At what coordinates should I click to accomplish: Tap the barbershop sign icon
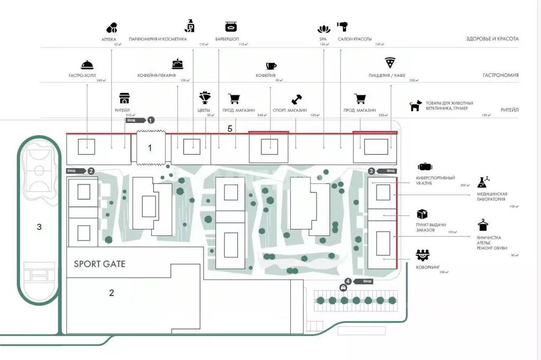pyautogui.click(x=230, y=26)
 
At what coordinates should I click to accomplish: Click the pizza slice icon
pyautogui.click(x=390, y=62)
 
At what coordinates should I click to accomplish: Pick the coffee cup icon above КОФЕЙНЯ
pyautogui.click(x=271, y=66)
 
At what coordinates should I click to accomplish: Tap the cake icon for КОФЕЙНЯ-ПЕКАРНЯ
pyautogui.click(x=177, y=64)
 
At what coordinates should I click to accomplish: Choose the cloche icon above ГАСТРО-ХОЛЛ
pyautogui.click(x=87, y=64)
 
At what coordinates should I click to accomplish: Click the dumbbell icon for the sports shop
pyautogui.click(x=296, y=99)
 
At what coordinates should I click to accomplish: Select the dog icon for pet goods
pyautogui.click(x=416, y=106)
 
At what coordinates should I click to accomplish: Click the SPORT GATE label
pyautogui.click(x=99, y=263)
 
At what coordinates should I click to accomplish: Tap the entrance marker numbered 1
pyautogui.click(x=151, y=120)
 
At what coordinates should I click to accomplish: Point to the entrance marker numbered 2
pyautogui.click(x=91, y=171)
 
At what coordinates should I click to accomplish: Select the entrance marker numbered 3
pyautogui.click(x=371, y=171)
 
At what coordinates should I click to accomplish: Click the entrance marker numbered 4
pyautogui.click(x=347, y=281)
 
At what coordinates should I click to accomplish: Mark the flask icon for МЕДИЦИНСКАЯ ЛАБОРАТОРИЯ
pyautogui.click(x=482, y=182)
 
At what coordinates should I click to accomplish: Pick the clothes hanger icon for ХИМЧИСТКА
pyautogui.click(x=482, y=226)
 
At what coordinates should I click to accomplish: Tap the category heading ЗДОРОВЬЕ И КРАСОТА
pyautogui.click(x=492, y=39)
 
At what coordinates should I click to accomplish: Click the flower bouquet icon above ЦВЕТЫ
pyautogui.click(x=204, y=98)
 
